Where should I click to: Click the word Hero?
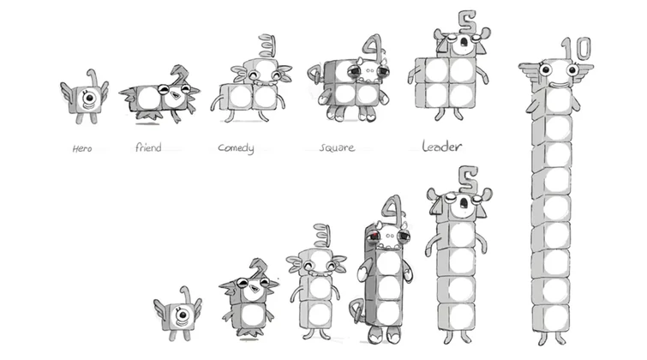tap(82, 148)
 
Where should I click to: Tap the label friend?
tap(148, 147)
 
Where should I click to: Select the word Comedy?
tap(236, 148)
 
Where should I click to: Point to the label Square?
tap(337, 147)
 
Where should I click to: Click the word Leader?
tap(442, 147)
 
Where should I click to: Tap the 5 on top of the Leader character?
tap(468, 22)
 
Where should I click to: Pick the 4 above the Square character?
tap(373, 46)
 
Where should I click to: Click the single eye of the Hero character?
tap(89, 98)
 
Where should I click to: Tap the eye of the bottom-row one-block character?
tap(182, 315)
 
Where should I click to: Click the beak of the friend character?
tap(175, 96)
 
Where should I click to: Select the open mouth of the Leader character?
tap(464, 41)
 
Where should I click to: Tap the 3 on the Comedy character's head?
tap(267, 45)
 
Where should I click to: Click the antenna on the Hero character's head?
tap(93, 78)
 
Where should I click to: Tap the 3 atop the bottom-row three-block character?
tap(322, 236)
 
